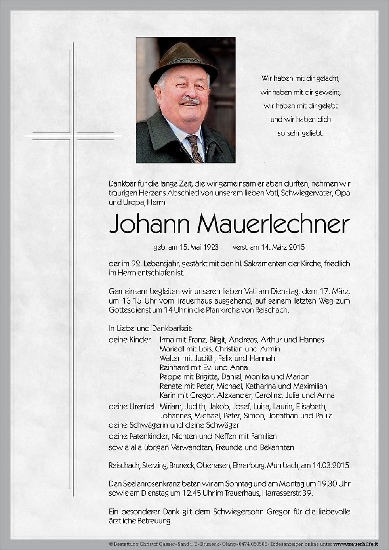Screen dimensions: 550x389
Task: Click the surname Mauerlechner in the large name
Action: pos(273,225)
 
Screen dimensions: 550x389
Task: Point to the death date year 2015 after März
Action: pos(297,247)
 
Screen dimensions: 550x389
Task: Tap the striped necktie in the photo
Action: pos(194,148)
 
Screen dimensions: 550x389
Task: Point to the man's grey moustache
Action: pos(190,100)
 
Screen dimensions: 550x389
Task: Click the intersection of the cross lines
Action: pos(73,136)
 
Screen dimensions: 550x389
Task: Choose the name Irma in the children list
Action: pos(166,340)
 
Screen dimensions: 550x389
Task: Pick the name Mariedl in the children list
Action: pos(171,349)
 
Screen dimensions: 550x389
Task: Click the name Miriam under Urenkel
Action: pos(170,406)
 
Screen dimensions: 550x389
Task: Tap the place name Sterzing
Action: pos(153,465)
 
